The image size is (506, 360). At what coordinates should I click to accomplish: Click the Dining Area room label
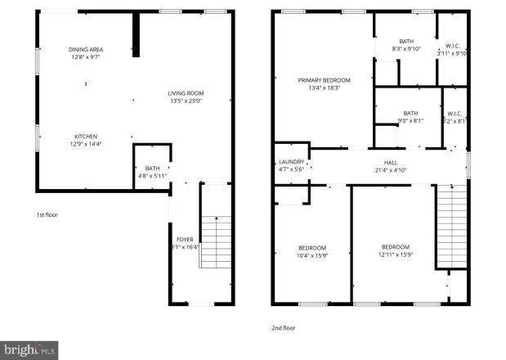85,49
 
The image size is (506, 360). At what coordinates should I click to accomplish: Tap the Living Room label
186,93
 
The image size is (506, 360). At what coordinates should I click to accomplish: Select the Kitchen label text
87,136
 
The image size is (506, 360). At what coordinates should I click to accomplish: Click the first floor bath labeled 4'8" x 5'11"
152,171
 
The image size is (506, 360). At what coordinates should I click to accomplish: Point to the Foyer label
186,239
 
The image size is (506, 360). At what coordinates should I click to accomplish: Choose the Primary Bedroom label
324,80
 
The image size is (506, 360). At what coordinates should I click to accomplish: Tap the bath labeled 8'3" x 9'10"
406,45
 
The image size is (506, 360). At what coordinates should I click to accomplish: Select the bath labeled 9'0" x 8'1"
410,116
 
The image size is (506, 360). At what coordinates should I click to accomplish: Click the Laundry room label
291,162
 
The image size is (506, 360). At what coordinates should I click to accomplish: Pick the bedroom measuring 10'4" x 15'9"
311,251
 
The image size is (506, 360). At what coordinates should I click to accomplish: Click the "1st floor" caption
46,214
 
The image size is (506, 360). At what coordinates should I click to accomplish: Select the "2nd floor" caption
283,327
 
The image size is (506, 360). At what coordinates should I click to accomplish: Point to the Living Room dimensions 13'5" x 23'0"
186,101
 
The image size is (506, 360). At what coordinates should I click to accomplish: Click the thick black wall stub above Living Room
137,34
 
